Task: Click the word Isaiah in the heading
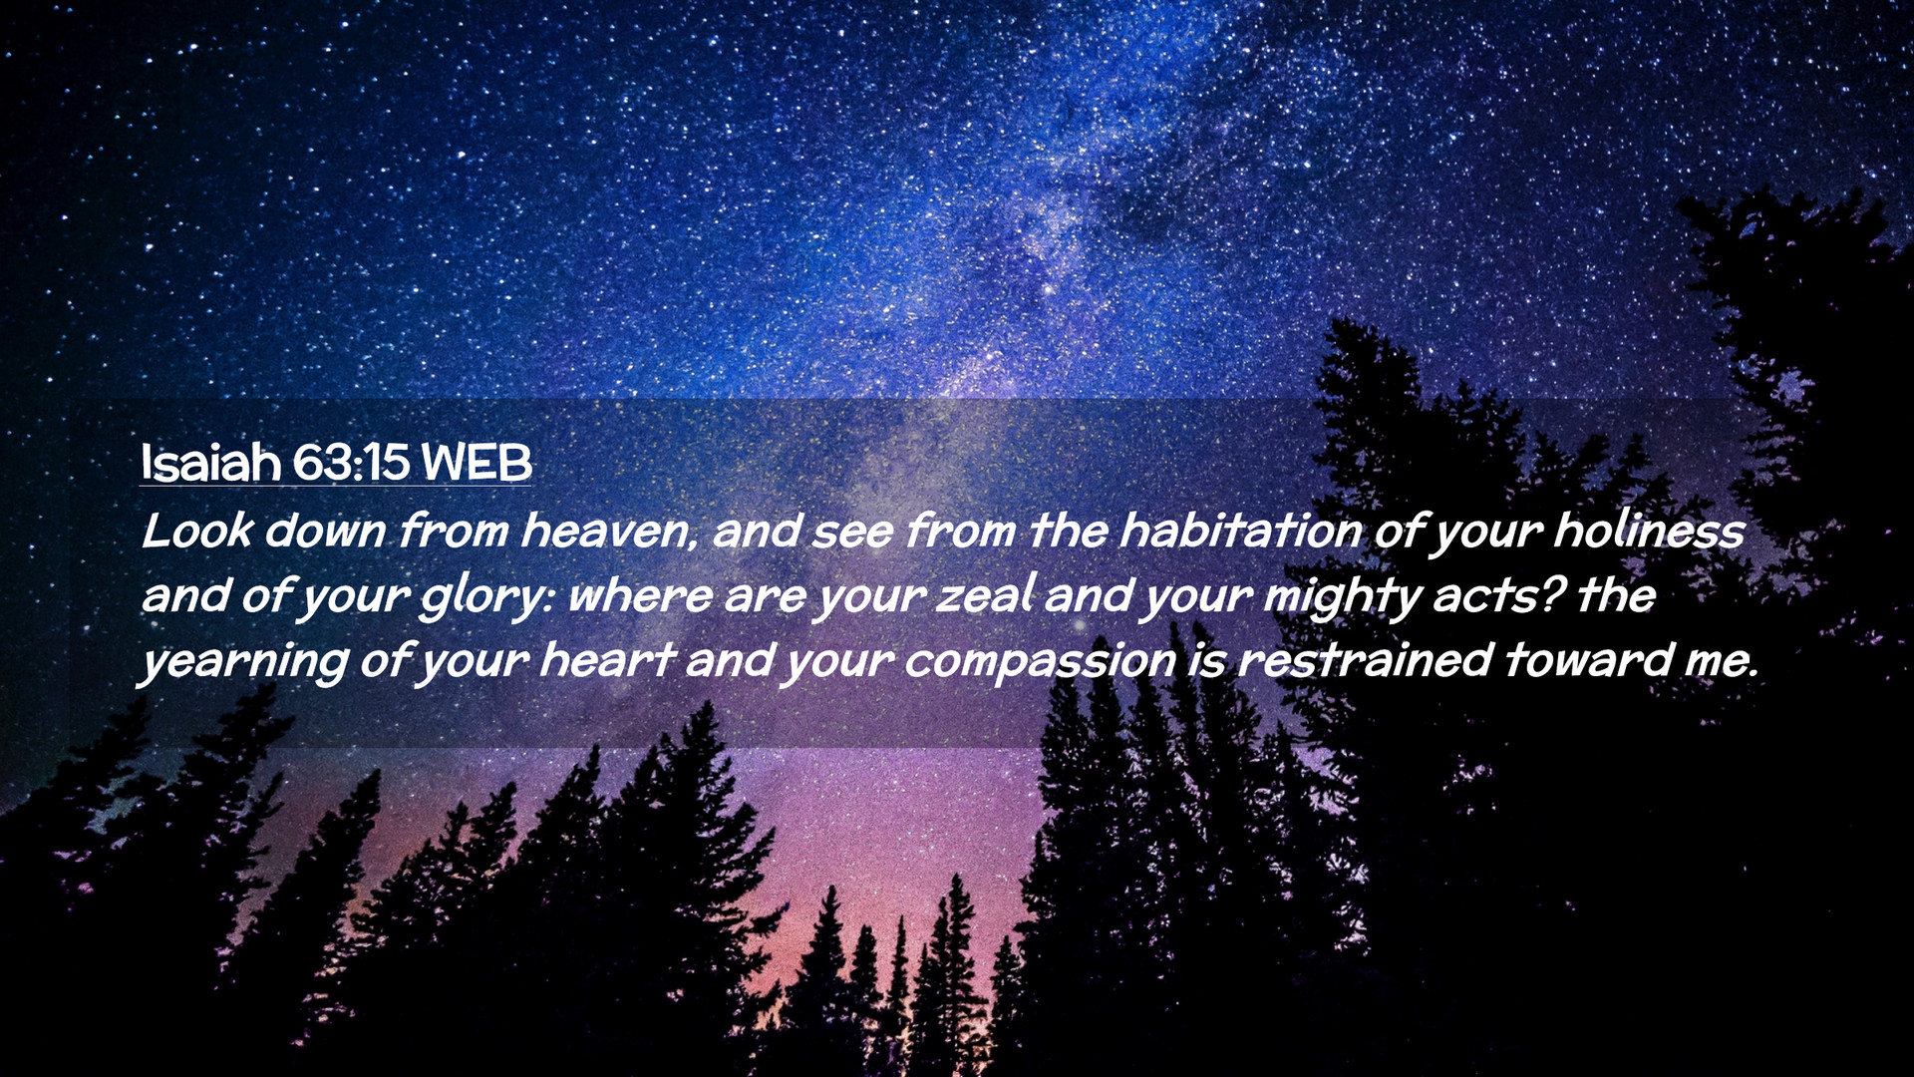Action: tap(211, 463)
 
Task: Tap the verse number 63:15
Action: tap(351, 463)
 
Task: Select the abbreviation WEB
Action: tap(477, 463)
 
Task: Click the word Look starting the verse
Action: tap(197, 531)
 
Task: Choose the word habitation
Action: tap(1240, 531)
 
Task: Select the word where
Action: tap(640, 596)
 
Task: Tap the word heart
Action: tap(607, 660)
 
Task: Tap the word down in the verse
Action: tap(325, 531)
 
